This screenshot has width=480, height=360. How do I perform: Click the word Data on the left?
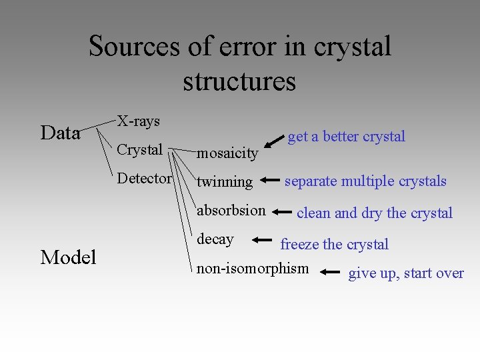point(60,133)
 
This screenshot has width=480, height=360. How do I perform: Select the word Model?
point(68,257)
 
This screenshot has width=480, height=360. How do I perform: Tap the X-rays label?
point(139,121)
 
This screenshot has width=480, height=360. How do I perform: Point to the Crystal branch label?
point(139,149)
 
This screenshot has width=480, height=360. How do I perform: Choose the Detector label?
point(144,179)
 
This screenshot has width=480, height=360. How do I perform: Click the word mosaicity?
point(227,153)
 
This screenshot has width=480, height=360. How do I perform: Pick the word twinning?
point(225,181)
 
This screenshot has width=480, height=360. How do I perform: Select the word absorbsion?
point(231,211)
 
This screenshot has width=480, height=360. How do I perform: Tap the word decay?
point(215,239)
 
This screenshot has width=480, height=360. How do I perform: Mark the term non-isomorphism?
point(253,269)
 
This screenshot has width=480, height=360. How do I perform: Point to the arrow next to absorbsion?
point(283,212)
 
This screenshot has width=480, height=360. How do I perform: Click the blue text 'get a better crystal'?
point(346,137)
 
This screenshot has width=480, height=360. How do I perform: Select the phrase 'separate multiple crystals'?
point(365,181)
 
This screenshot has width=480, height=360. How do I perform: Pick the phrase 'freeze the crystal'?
point(334,244)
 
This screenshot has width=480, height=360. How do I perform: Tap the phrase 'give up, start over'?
point(405,273)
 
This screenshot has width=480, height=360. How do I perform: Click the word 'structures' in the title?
point(239,81)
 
